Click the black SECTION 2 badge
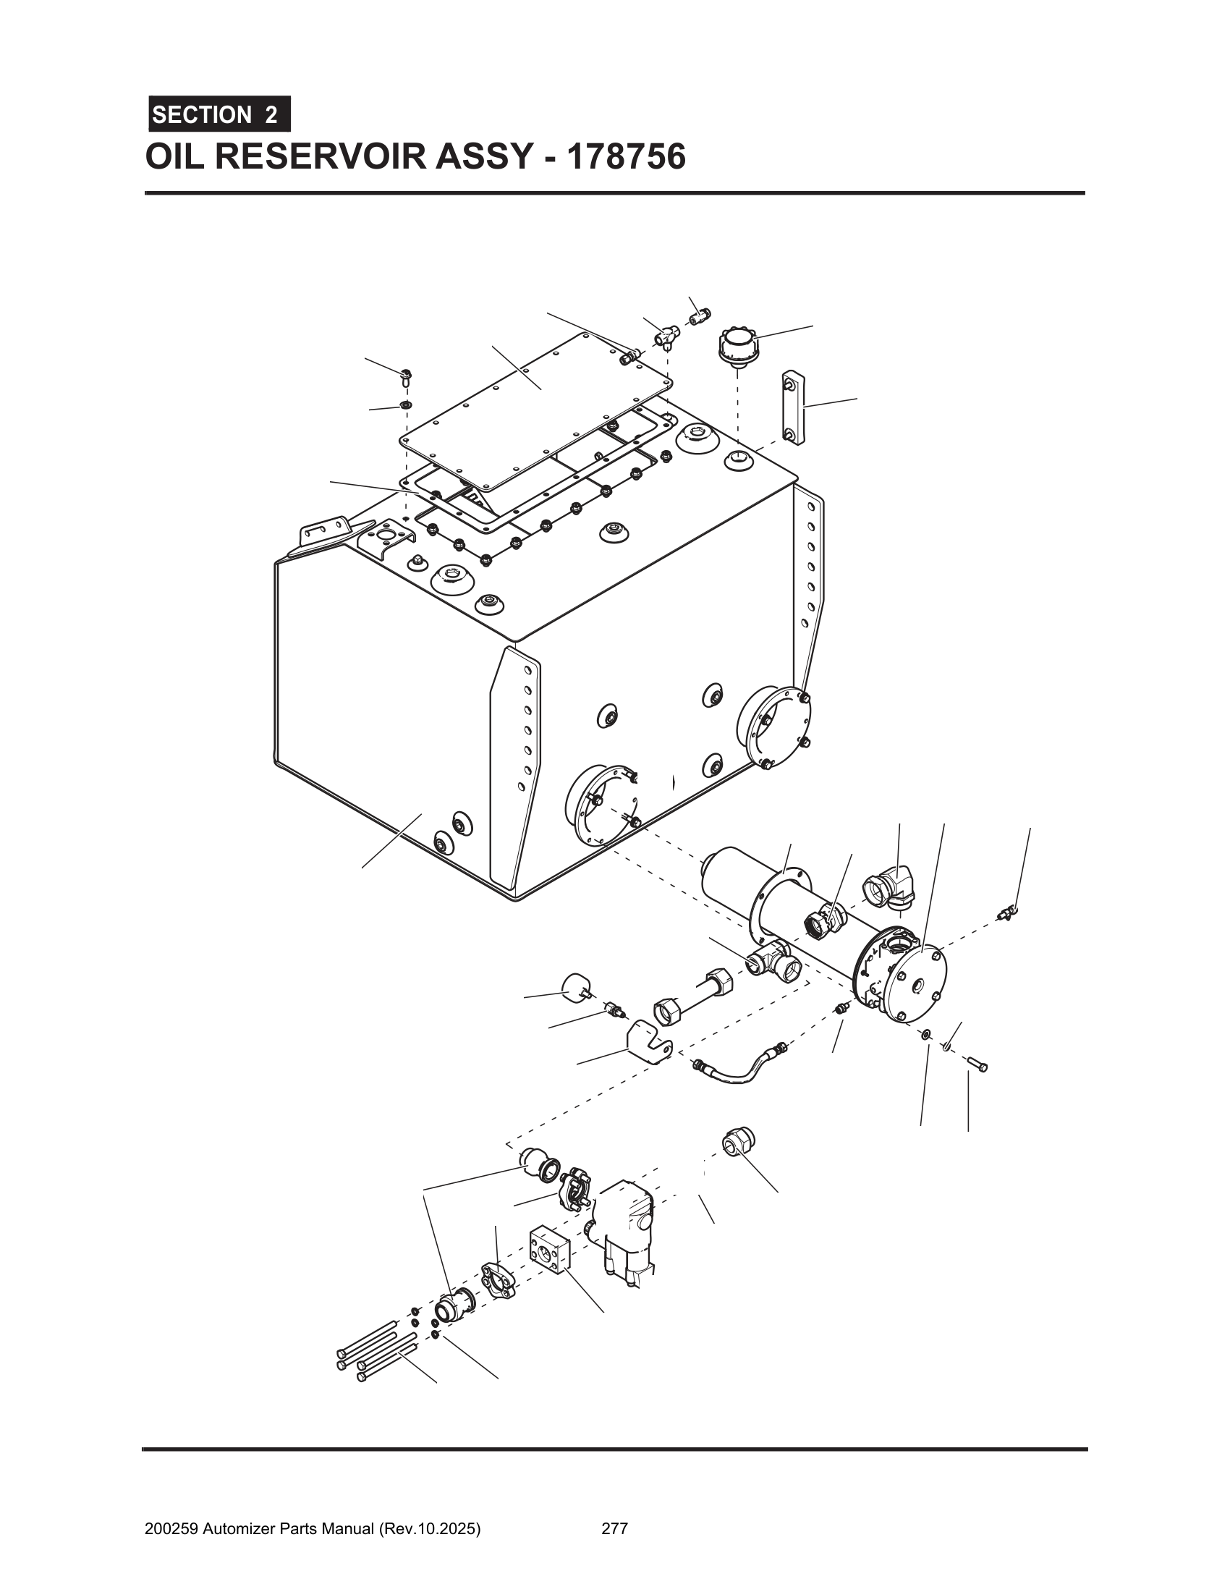coord(219,114)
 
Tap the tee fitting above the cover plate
coord(664,336)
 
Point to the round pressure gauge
coord(576,988)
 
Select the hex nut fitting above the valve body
coord(739,1142)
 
